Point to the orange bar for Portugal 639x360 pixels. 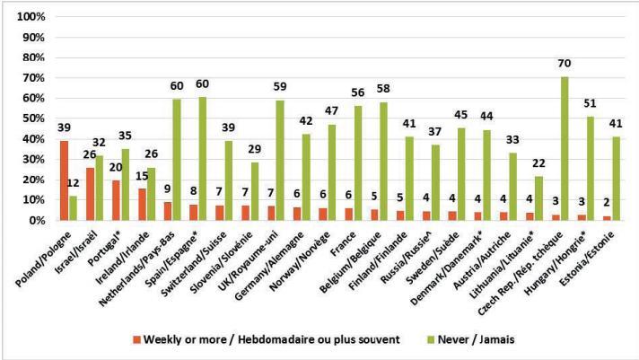click(x=115, y=199)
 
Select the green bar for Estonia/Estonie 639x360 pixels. click(x=616, y=178)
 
